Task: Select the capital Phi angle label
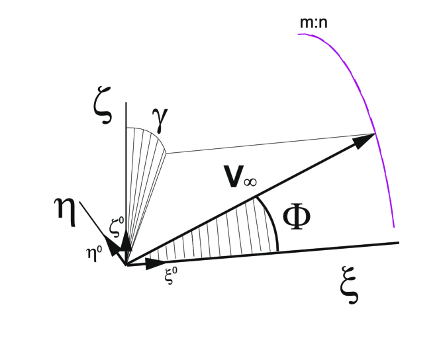295,216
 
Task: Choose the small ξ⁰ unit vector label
170,275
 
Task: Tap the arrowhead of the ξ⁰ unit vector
156,263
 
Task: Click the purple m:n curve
371,99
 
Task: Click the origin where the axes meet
126,265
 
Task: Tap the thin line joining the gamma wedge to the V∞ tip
265,144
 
